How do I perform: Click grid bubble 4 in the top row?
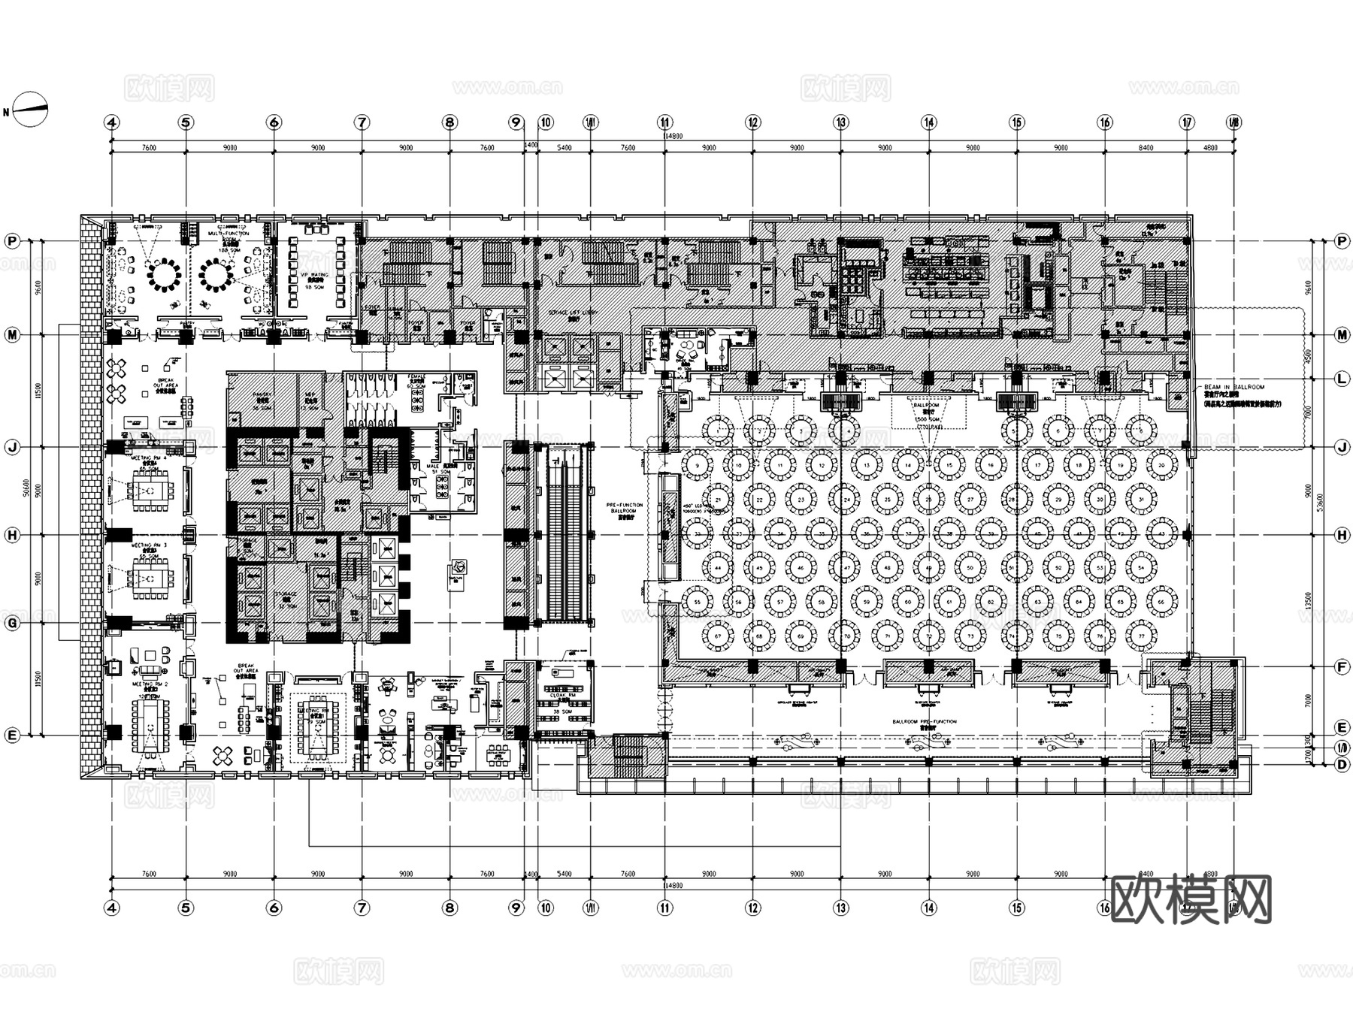point(112,122)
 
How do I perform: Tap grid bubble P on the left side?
point(12,241)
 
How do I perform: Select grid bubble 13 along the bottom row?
point(840,908)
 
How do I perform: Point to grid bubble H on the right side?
point(1342,535)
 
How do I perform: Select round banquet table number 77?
point(1141,637)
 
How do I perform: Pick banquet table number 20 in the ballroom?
point(1162,465)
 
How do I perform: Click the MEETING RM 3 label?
point(150,545)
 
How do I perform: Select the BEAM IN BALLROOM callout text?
point(1233,388)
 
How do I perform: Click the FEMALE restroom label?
point(416,378)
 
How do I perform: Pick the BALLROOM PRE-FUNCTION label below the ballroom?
point(925,723)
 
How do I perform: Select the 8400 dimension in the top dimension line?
point(1145,148)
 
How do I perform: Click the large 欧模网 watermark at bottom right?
point(1191,899)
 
